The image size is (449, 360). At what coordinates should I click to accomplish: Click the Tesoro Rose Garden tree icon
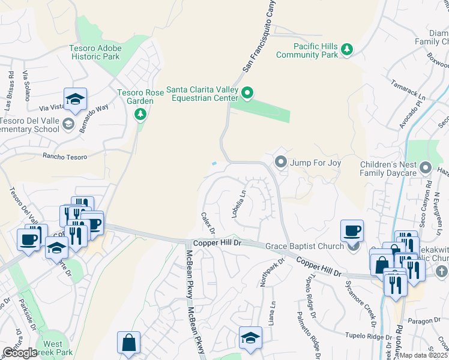click(x=140, y=113)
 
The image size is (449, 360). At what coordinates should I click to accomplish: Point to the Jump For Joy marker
click(x=280, y=162)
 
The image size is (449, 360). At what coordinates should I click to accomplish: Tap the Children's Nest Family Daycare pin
click(x=426, y=167)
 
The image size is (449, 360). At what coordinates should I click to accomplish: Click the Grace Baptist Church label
click(x=304, y=245)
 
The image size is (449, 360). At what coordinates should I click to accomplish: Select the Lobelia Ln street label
click(x=240, y=204)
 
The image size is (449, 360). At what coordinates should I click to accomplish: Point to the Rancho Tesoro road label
click(x=64, y=157)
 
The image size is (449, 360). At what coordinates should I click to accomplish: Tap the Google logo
click(x=20, y=353)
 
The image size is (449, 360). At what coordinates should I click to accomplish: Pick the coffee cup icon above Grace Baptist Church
click(x=352, y=231)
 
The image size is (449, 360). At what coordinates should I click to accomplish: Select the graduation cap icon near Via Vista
click(x=75, y=99)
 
